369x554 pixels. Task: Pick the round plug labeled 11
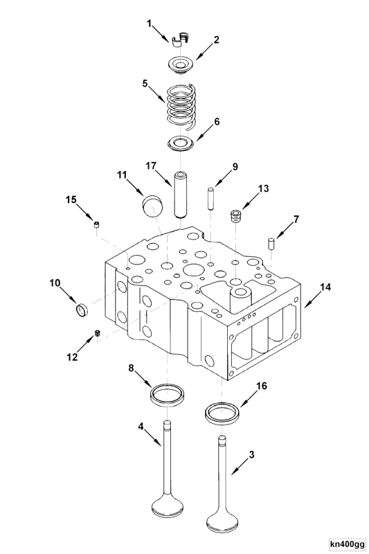pos(152,206)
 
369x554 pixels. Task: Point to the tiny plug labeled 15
pos(98,223)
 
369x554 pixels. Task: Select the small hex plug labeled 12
pos(98,334)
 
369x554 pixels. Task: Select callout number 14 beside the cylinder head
pos(325,286)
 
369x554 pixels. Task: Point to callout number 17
pos(151,166)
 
